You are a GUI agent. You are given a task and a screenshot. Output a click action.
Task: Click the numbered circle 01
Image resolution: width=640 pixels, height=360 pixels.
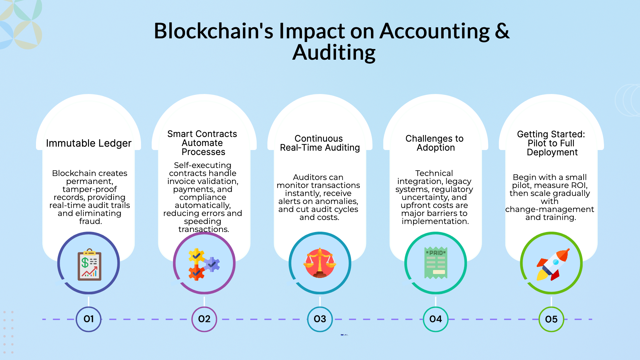click(x=88, y=319)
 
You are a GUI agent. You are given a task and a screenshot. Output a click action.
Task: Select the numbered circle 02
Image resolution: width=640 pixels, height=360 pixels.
click(x=204, y=319)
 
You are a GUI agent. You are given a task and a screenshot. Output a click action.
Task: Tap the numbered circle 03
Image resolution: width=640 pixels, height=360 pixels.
click(x=320, y=319)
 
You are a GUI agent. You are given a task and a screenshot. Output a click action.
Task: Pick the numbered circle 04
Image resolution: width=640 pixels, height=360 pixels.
click(x=435, y=319)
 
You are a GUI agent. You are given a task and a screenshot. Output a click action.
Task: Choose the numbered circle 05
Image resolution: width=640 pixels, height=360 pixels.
click(x=551, y=319)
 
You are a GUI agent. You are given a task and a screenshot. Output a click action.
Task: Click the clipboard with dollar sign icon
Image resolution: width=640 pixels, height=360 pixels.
click(x=89, y=265)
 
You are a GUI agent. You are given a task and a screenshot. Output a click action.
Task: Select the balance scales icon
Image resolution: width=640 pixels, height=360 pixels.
click(x=320, y=263)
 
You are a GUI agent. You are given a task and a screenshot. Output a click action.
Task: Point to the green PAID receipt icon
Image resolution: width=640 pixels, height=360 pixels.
click(x=436, y=263)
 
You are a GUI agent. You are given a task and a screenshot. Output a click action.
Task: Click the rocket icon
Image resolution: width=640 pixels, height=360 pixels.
click(x=552, y=264)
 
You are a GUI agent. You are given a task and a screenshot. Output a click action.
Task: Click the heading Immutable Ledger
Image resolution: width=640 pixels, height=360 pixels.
click(x=89, y=143)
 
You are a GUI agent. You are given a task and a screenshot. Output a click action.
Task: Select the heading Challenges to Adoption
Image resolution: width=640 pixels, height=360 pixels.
click(x=435, y=143)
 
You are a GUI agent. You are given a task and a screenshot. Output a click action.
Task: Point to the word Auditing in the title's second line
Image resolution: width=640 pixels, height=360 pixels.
click(x=334, y=53)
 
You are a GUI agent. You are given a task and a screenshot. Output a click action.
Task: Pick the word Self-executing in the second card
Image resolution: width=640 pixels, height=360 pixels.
click(x=202, y=165)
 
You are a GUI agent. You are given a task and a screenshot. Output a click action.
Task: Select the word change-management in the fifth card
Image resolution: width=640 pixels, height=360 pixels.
click(x=549, y=209)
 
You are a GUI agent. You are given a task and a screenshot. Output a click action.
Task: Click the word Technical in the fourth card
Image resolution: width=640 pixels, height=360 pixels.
click(x=434, y=173)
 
